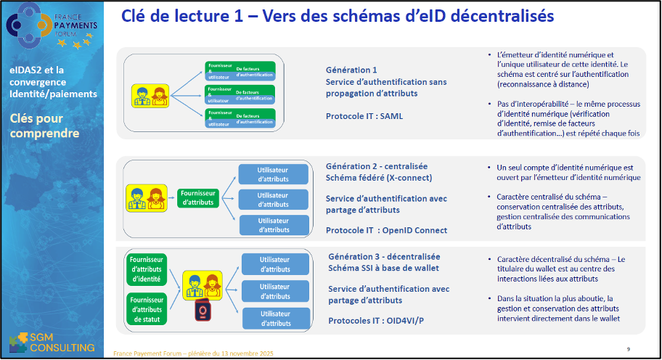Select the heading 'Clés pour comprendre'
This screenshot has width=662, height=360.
point(44,126)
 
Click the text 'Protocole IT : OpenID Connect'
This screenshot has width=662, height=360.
point(386,230)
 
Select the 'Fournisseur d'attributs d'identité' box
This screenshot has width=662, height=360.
point(147,269)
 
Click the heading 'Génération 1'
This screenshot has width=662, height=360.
point(351,70)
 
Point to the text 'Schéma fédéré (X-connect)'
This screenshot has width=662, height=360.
point(378,178)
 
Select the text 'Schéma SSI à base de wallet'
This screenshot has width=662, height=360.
point(383,268)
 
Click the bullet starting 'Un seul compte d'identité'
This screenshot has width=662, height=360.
point(563,172)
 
